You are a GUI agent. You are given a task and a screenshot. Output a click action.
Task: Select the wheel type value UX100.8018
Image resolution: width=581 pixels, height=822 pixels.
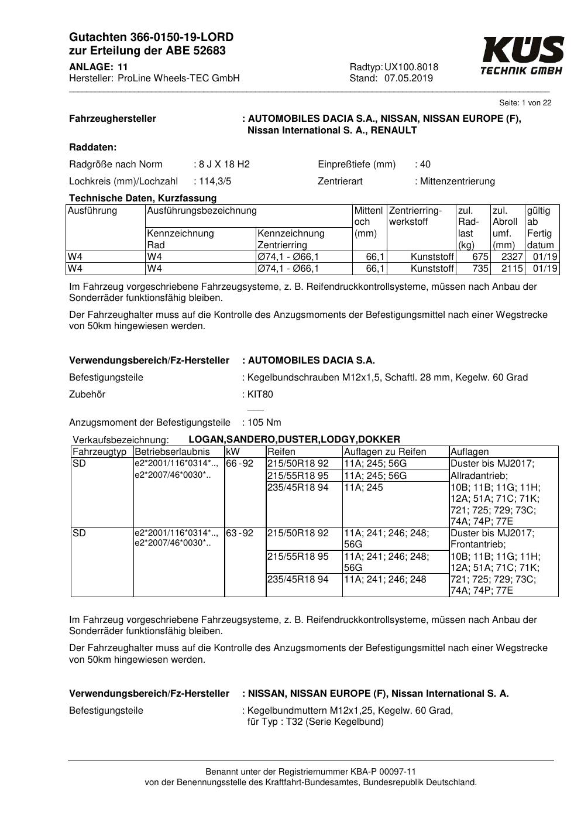tap(411, 67)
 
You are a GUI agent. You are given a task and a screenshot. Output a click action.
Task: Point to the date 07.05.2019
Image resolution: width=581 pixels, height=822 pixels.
tap(408, 78)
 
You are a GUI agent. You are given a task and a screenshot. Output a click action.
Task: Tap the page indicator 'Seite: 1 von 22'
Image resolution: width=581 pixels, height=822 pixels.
tap(525, 103)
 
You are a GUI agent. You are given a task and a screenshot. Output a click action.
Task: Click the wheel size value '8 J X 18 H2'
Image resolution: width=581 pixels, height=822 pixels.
tap(224, 165)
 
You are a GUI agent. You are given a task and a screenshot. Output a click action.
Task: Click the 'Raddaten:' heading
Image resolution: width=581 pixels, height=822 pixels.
tap(93, 148)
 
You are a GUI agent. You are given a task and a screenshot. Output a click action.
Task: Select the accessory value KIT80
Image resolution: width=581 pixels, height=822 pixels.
tap(260, 395)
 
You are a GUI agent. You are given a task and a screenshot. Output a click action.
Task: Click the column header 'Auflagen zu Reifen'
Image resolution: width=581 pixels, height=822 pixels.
tap(385, 452)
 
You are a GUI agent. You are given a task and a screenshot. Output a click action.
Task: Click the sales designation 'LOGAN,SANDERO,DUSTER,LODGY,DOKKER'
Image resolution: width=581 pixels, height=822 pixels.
tap(294, 440)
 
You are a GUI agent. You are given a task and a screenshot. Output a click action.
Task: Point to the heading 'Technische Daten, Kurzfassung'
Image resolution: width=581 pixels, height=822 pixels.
tap(143, 198)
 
